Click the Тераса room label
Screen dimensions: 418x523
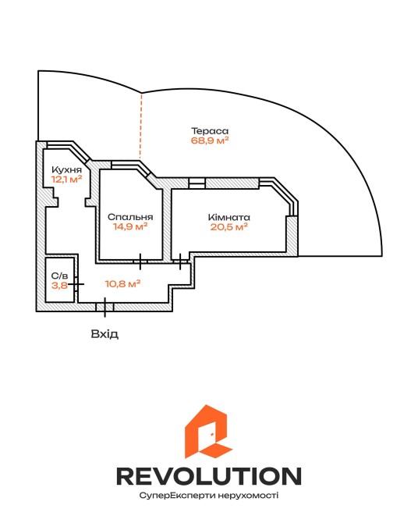pos(210,131)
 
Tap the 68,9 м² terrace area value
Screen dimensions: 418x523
pos(210,140)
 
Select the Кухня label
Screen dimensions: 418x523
pos(66,170)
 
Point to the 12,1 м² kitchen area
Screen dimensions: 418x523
pos(66,179)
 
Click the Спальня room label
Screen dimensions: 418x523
pos(130,217)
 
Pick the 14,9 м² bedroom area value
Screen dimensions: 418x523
pos(130,227)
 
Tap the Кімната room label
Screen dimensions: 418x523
pos(229,218)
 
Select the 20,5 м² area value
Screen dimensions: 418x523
pos(229,227)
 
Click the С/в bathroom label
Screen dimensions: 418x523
pos(60,276)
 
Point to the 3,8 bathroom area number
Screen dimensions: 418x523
pos(60,285)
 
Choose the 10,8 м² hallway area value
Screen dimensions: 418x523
pos(122,284)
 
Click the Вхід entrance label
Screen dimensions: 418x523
pos(104,334)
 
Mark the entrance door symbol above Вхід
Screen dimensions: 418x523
pos(105,308)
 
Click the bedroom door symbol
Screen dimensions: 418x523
pos(140,261)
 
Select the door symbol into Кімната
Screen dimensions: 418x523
pos(180,261)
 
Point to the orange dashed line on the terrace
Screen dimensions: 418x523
pos(140,126)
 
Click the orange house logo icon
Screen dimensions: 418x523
pos(209,432)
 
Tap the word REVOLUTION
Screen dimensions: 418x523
pos(209,476)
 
